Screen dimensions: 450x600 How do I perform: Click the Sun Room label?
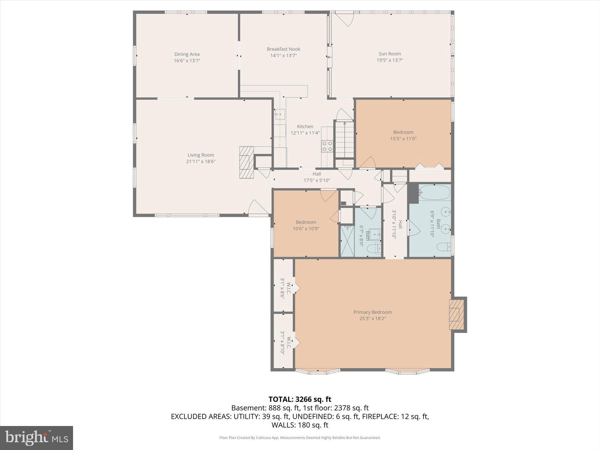(x=390, y=54)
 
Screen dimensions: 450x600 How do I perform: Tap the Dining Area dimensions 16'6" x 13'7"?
(x=187, y=61)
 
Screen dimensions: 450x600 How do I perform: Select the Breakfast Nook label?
(x=283, y=49)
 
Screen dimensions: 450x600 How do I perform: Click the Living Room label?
(x=200, y=155)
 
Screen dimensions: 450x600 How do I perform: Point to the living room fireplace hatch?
(x=246, y=162)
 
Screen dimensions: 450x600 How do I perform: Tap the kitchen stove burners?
(x=327, y=146)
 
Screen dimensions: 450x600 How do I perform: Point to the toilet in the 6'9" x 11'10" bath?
(x=443, y=247)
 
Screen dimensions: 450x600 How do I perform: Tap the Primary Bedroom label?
(x=372, y=312)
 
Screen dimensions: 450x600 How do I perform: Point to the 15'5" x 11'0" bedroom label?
(x=403, y=135)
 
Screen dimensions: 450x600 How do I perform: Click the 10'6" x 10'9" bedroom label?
(x=306, y=225)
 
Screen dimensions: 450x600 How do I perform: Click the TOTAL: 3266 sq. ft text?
(x=300, y=399)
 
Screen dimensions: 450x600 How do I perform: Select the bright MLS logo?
(x=36, y=438)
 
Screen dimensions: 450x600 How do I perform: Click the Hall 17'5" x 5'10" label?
(x=317, y=177)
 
